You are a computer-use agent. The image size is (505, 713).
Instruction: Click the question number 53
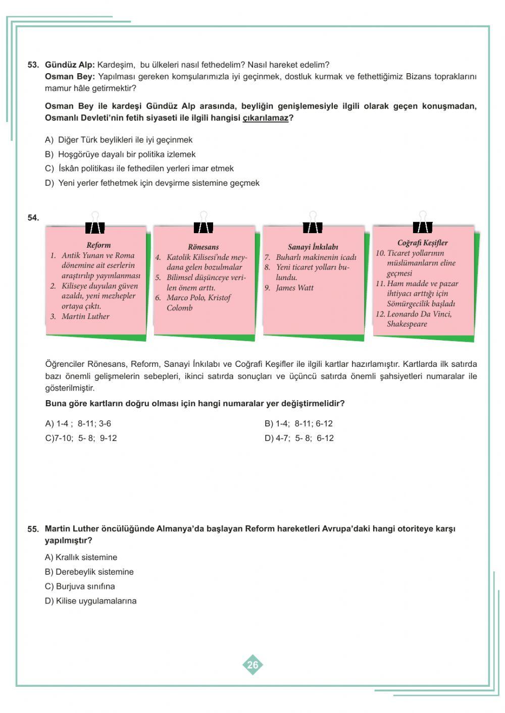click(33, 65)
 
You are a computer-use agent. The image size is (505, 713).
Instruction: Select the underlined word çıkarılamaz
click(265, 118)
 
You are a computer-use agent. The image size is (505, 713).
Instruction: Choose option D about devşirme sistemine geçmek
click(152, 183)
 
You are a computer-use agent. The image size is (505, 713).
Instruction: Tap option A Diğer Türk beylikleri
click(119, 140)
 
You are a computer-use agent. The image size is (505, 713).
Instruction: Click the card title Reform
click(98, 245)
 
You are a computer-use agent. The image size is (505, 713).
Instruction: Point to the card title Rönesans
click(204, 247)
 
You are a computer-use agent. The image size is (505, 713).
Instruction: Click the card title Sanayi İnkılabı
click(313, 247)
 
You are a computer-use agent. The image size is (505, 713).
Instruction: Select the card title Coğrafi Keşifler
click(422, 243)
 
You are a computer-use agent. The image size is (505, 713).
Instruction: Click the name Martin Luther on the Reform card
click(85, 316)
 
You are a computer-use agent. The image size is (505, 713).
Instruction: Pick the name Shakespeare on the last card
click(407, 324)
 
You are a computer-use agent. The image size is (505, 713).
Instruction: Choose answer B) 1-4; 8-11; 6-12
click(298, 424)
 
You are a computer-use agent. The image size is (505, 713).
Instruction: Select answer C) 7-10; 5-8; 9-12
click(81, 438)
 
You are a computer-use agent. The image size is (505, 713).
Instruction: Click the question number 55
click(33, 529)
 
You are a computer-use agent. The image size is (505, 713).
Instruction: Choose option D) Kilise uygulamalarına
click(90, 601)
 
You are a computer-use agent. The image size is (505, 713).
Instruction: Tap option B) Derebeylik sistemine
click(89, 572)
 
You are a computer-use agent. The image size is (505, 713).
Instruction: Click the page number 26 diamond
click(252, 665)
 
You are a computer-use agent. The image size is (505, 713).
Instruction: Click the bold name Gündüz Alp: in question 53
click(70, 65)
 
